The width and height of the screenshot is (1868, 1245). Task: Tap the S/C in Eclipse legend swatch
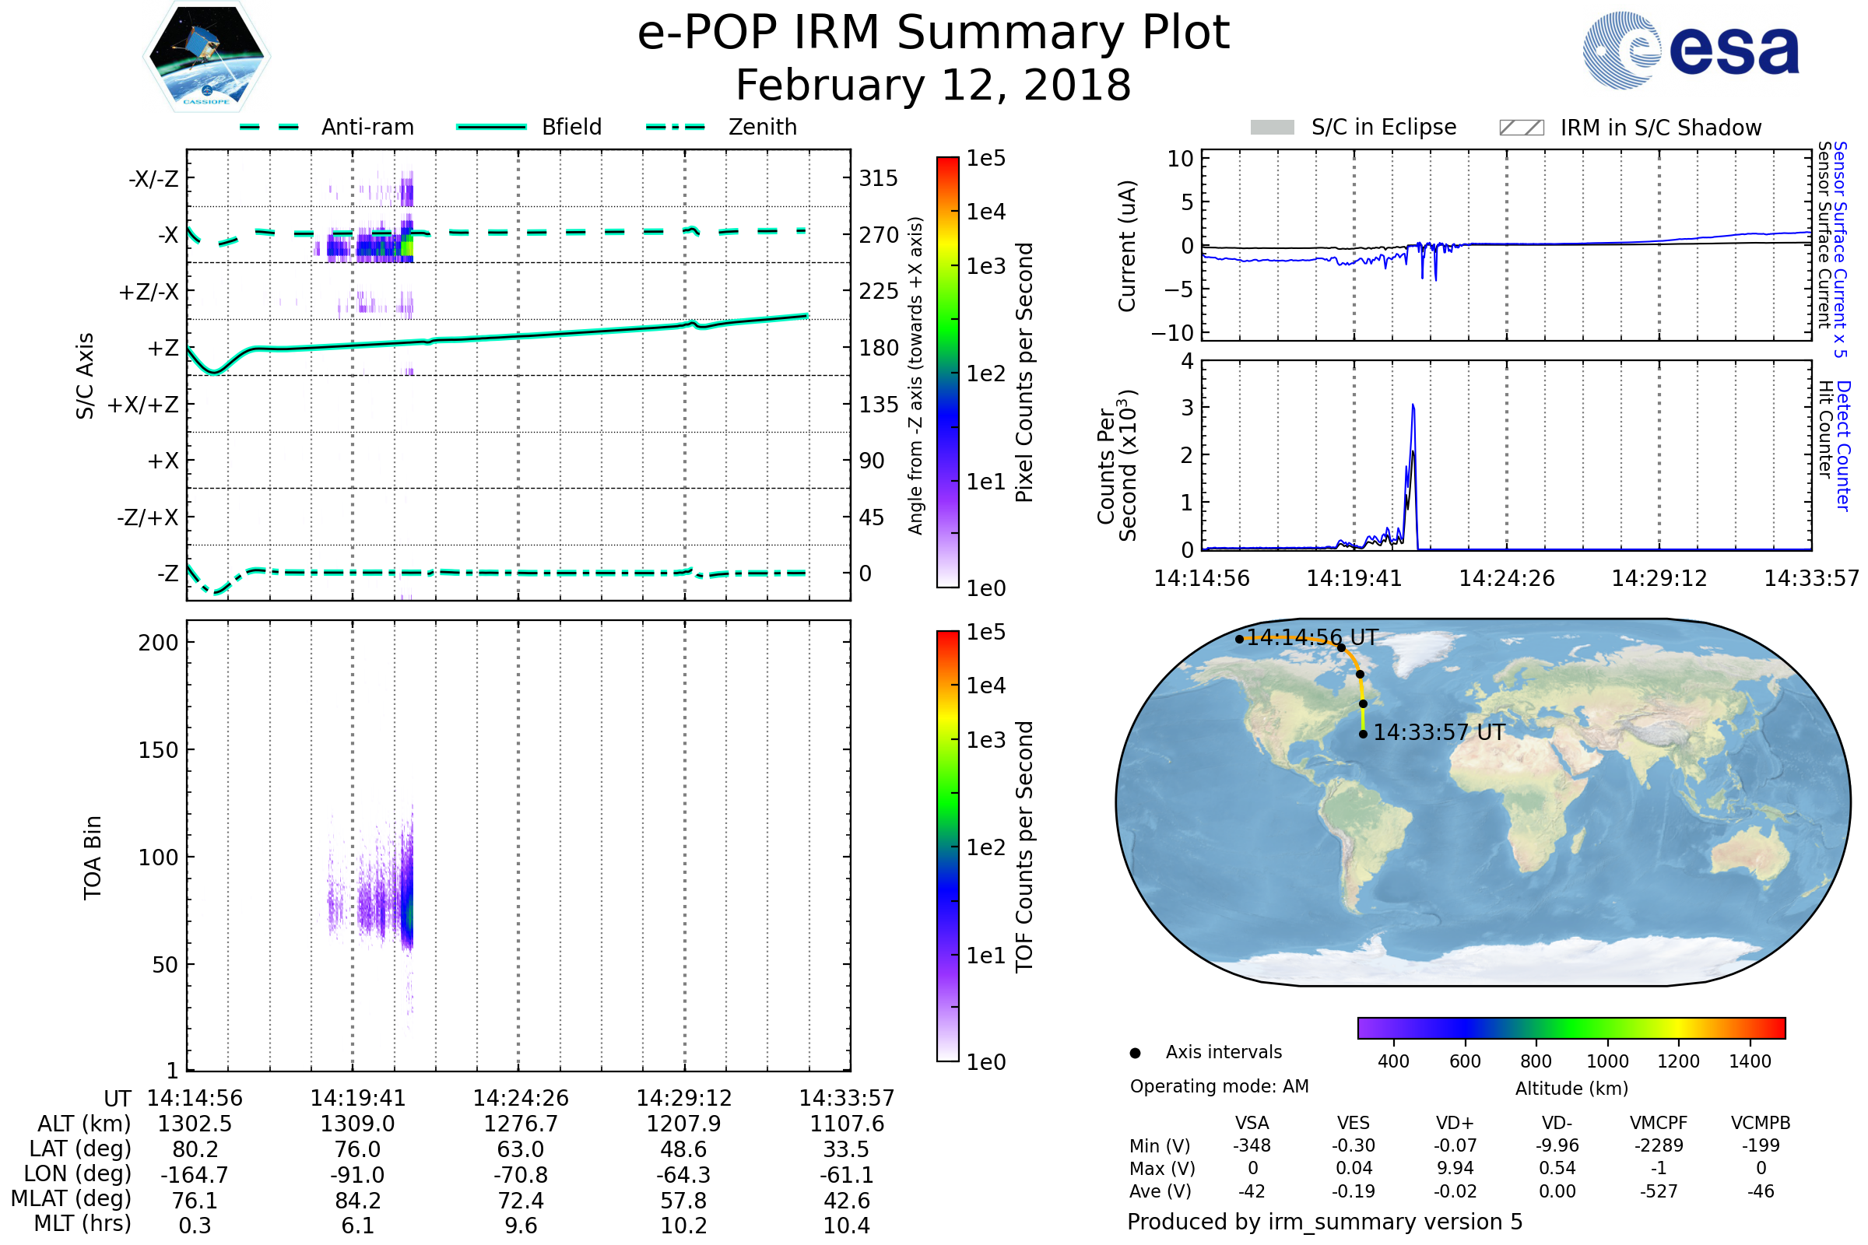1272,128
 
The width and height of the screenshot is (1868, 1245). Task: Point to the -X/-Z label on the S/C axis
153,179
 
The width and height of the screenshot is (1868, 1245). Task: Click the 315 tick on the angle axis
878,179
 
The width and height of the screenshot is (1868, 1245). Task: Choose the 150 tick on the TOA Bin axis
158,750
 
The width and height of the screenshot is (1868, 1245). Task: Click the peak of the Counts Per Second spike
1413,405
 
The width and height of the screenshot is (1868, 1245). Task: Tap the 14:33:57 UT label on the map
1438,732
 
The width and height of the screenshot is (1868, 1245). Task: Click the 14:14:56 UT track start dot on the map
1239,639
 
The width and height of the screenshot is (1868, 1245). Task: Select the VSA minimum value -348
1252,1145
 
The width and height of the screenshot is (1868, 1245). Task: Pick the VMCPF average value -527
1659,1191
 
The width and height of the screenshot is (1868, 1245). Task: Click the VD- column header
1557,1123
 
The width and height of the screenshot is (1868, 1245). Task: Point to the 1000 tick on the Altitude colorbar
1607,1061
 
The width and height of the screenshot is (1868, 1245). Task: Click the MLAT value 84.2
357,1201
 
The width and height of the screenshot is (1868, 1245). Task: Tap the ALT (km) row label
84,1124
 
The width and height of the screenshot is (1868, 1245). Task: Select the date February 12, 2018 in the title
933,86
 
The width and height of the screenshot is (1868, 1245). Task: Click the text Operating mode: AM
1219,1086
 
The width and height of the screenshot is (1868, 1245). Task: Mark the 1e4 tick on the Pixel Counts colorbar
985,212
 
